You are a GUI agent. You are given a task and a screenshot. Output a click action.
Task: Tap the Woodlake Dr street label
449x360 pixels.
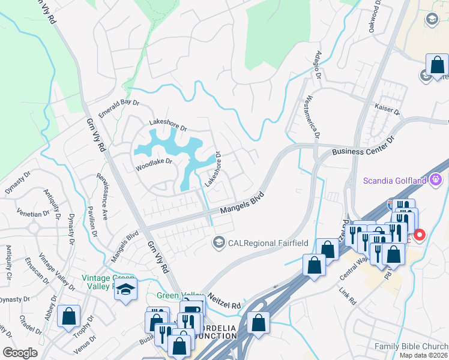pyautogui.click(x=154, y=161)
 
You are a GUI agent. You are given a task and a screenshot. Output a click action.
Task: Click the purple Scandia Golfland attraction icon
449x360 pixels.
pyautogui.click(x=436, y=179)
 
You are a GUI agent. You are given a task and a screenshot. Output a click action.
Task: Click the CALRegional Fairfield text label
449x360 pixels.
pyautogui.click(x=259, y=242)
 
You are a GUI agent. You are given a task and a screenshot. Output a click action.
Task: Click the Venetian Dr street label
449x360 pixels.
pyautogui.click(x=33, y=214)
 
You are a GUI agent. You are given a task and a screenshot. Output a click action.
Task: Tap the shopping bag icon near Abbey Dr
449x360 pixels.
pyautogui.click(x=69, y=316)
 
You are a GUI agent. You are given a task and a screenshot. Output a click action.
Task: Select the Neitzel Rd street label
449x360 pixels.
pyautogui.click(x=224, y=301)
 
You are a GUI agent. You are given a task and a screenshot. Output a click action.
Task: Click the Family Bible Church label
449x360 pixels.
pyautogui.click(x=411, y=346)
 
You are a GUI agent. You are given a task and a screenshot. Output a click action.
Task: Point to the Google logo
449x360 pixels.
pyautogui.click(x=20, y=353)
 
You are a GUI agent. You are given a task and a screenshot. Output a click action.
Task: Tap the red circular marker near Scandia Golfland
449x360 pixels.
pyautogui.click(x=420, y=235)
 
